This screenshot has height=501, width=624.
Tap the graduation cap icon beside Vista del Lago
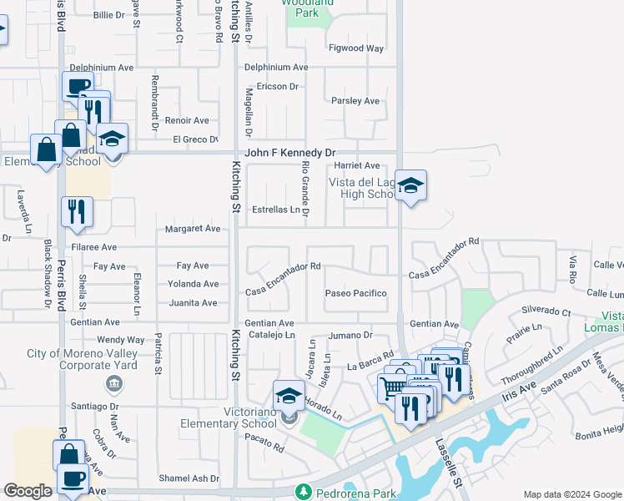click(410, 186)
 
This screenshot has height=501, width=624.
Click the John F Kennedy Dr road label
click(289, 154)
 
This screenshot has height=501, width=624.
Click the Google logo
click(28, 491)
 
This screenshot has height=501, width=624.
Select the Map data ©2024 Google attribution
click(572, 494)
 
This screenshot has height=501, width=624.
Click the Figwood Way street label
click(356, 48)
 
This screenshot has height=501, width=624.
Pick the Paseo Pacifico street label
click(356, 293)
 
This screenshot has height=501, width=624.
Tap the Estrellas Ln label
click(275, 210)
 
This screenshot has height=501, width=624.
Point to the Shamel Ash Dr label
click(190, 478)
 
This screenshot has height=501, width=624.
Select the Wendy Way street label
click(121, 340)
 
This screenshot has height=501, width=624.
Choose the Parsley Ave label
click(355, 101)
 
